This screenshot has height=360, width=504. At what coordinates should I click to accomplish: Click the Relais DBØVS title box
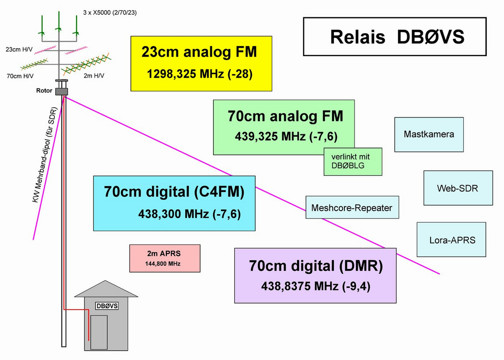[394, 36]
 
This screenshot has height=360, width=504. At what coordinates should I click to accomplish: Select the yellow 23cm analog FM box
[201, 64]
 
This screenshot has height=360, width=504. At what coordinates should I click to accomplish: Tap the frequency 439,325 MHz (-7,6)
[286, 136]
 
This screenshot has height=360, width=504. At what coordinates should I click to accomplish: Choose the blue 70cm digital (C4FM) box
[174, 203]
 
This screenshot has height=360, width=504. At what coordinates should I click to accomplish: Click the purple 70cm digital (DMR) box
[315, 275]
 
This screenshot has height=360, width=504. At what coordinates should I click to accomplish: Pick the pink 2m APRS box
[164, 258]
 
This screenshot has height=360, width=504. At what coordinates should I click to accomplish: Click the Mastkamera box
[428, 134]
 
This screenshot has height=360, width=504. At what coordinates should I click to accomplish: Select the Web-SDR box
[458, 188]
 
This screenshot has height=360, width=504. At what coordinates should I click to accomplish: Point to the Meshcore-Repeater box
[351, 208]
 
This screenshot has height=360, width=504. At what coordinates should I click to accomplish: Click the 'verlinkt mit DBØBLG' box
[353, 161]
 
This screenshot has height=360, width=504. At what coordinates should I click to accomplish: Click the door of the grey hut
[99, 332]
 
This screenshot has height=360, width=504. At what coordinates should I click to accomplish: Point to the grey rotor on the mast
[61, 91]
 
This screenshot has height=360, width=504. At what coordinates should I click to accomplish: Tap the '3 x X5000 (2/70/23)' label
[110, 12]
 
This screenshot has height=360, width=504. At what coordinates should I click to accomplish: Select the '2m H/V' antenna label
[94, 76]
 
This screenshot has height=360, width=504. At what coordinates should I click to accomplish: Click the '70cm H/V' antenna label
[20, 76]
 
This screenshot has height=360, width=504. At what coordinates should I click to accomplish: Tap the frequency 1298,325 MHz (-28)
[199, 74]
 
